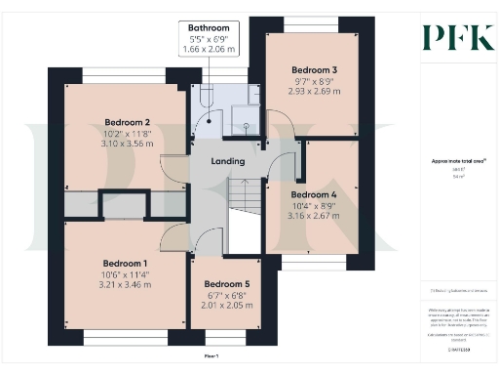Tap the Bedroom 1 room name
click(x=125, y=263)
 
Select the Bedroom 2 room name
click(x=128, y=122)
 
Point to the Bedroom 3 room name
click(x=315, y=70)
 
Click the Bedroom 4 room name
click(x=314, y=194)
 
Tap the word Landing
click(x=227, y=160)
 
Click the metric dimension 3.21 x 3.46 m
click(x=125, y=286)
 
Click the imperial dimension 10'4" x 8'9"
click(x=314, y=206)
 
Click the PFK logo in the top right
click(x=458, y=37)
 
